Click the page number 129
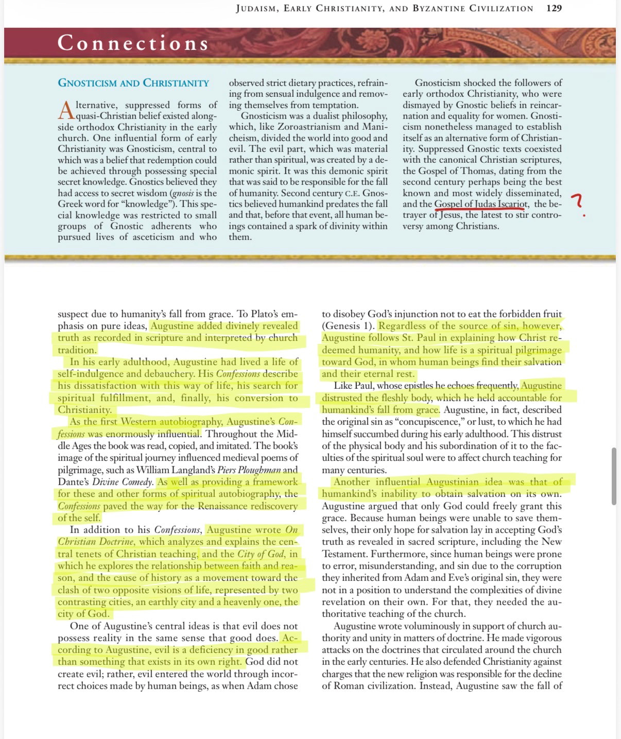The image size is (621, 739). (x=554, y=8)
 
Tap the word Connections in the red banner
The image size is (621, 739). (x=133, y=43)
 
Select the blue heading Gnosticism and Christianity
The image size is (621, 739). (x=133, y=83)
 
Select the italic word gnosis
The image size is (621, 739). (x=182, y=193)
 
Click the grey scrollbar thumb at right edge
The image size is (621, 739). (x=614, y=476)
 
